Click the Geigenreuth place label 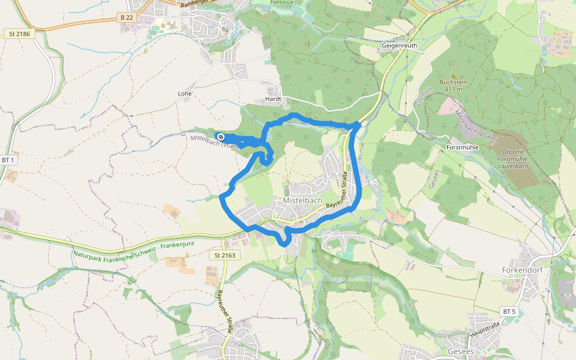tap(399, 45)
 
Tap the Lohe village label tap(185, 94)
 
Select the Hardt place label tap(273, 98)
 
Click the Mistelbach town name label tap(302, 201)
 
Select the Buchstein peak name tap(453, 82)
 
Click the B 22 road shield tap(127, 18)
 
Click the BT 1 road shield tap(7, 160)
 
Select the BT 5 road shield tap(508, 311)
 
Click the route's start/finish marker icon tap(221, 136)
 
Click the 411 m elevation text tap(454, 89)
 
